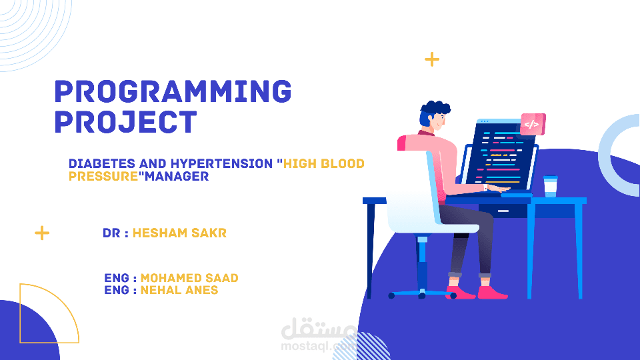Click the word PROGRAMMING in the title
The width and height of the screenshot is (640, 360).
pyautogui.click(x=173, y=91)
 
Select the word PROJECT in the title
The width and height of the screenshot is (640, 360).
pyautogui.click(x=126, y=122)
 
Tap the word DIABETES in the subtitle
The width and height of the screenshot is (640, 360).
pyautogui.click(x=101, y=164)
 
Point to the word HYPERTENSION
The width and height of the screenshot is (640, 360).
pyautogui.click(x=221, y=164)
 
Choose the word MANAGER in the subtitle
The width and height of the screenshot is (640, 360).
pyautogui.click(x=177, y=176)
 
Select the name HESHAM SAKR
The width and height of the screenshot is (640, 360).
pyautogui.click(x=179, y=233)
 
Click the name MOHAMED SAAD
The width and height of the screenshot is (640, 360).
pyautogui.click(x=189, y=278)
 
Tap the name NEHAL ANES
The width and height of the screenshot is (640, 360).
pyautogui.click(x=179, y=290)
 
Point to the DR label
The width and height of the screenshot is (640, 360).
pyautogui.click(x=111, y=233)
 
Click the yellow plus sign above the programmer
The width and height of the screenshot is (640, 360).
pyautogui.click(x=432, y=59)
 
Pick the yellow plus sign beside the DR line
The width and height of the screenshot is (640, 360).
pyautogui.click(x=42, y=233)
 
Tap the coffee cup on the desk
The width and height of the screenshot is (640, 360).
pyautogui.click(x=550, y=186)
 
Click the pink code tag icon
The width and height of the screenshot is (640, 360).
pyautogui.click(x=532, y=125)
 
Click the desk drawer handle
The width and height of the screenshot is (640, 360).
pyautogui.click(x=503, y=211)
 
